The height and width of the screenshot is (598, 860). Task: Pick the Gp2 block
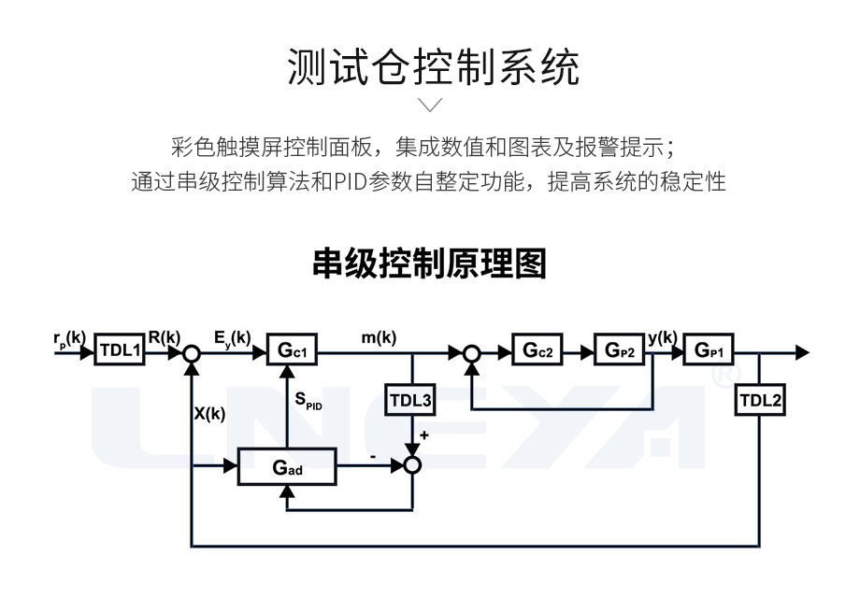(x=618, y=353)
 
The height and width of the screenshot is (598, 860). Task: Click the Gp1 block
(x=709, y=353)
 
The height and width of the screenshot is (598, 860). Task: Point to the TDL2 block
(x=761, y=402)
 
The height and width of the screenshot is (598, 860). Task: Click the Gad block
(x=286, y=467)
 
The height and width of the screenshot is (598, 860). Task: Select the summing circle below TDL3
(x=411, y=461)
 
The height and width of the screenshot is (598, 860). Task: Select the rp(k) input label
(x=69, y=338)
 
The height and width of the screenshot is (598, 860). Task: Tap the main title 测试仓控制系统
(x=429, y=66)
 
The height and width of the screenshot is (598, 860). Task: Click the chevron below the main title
(x=429, y=104)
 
